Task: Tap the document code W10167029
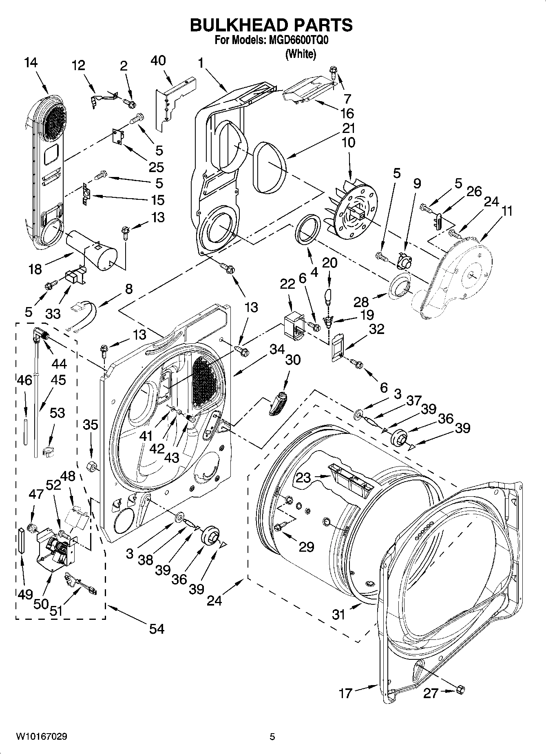(x=41, y=736)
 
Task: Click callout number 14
(x=31, y=62)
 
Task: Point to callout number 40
(x=158, y=60)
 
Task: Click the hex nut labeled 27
(x=461, y=689)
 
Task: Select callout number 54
(x=156, y=628)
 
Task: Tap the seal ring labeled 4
(x=308, y=230)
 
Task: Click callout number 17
(x=345, y=693)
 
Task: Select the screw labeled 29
(x=279, y=527)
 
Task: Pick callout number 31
(x=338, y=614)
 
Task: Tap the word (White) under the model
(x=301, y=54)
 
